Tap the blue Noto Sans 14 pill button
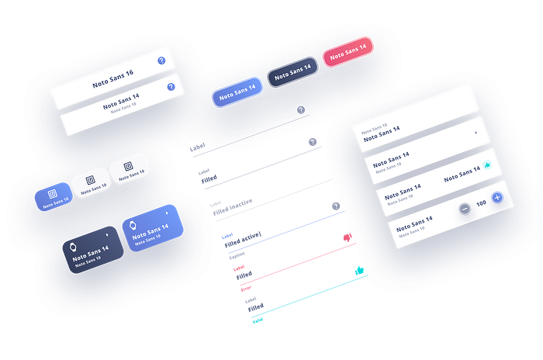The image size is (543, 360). point(235,91)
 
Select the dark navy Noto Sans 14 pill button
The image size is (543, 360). point(292,72)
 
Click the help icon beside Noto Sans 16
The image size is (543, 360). point(161,61)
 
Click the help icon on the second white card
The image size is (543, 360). point(171,87)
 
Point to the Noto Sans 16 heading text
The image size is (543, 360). point(113,78)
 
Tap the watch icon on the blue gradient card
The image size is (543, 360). point(133,230)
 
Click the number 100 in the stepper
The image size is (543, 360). point(481,202)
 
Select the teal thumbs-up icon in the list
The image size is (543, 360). point(486,164)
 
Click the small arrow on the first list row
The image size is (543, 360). point(476,133)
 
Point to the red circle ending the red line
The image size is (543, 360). point(346,237)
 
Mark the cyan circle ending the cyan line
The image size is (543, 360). point(358,272)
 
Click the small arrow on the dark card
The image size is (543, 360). point(106,234)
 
